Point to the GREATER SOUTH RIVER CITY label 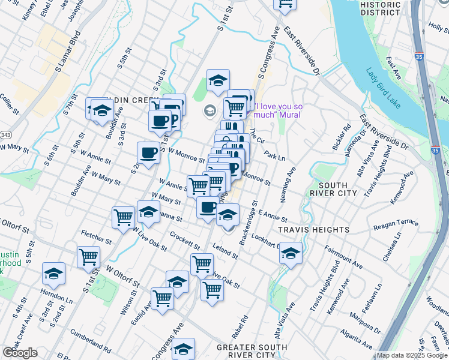[x=252, y=351]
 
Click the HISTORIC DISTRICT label [x=380, y=8]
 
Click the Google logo [x=19, y=353]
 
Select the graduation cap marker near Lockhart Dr [x=291, y=254]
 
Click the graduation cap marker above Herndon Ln [x=53, y=274]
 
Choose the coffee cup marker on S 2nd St [x=148, y=152]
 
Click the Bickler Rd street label [x=343, y=137]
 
